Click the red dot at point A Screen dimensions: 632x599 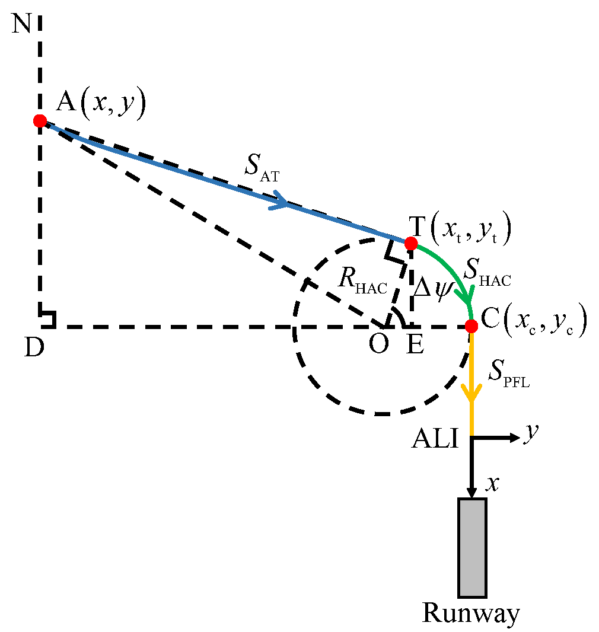point(40,121)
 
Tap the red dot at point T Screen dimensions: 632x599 point(410,243)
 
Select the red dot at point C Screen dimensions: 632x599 point(471,325)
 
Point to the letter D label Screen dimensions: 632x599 point(34,349)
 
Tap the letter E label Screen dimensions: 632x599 point(415,344)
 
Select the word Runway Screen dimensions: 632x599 point(471,613)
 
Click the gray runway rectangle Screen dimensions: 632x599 point(472,547)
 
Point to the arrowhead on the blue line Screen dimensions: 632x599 point(281,203)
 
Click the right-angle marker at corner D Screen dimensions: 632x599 point(47,319)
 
